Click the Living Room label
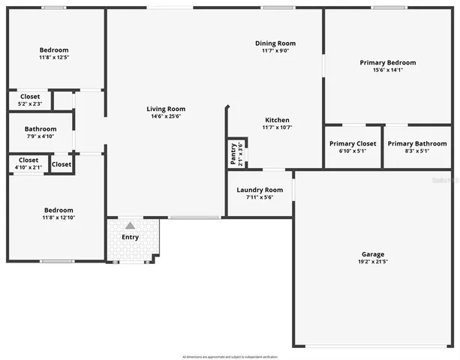(x=166, y=109)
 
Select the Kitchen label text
(x=277, y=120)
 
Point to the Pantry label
(x=233, y=154)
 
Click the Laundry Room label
(x=260, y=190)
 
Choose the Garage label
(x=373, y=253)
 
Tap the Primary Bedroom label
(x=387, y=62)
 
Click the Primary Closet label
(x=353, y=143)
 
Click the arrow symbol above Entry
(x=130, y=225)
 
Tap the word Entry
(x=130, y=238)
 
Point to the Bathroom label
(x=40, y=128)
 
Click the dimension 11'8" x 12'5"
(x=54, y=58)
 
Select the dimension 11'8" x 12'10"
(x=58, y=217)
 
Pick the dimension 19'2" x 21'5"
(x=373, y=262)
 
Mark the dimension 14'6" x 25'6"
(x=166, y=117)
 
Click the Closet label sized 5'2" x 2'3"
(x=30, y=96)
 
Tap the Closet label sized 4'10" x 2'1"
(x=29, y=160)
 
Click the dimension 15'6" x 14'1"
(x=387, y=70)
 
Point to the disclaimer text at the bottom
(x=230, y=356)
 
